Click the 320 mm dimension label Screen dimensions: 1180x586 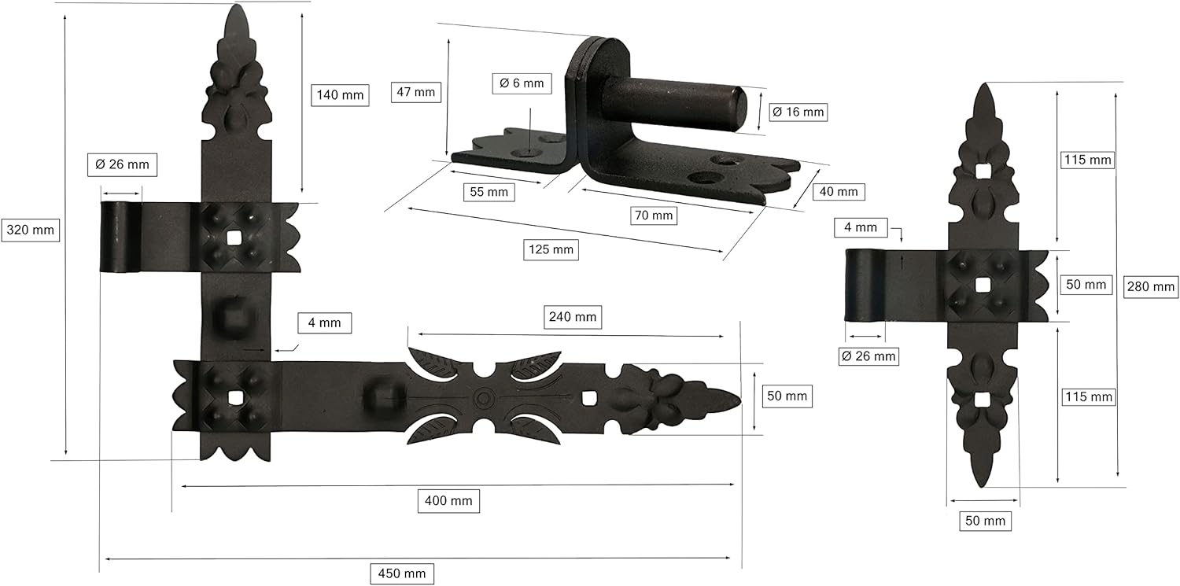pos(30,230)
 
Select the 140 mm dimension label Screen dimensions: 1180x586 pos(340,95)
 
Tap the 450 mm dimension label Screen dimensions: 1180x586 pos(401,573)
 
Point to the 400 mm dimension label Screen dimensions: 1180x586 pos(448,501)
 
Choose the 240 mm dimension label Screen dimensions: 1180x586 pos(572,317)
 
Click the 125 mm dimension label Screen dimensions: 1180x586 pos(551,249)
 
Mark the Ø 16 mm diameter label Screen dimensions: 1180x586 pos(798,112)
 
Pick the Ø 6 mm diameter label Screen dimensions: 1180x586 pos(522,83)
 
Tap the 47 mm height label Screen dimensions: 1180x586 pos(415,92)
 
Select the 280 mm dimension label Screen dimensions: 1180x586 pos(1150,287)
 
